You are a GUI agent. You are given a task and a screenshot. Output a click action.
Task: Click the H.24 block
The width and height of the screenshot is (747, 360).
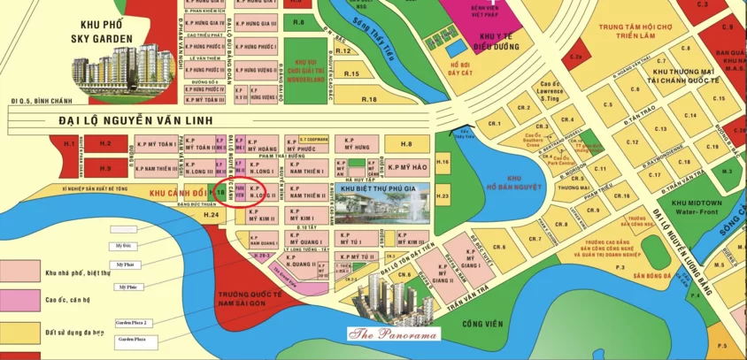pos(210,215)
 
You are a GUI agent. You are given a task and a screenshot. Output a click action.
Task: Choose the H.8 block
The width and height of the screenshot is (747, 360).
pos(406,144)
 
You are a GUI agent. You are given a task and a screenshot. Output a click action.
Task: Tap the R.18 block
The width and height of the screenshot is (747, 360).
pos(369,99)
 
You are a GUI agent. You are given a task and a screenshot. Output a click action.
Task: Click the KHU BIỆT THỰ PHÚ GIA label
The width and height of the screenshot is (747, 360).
pos(381,188)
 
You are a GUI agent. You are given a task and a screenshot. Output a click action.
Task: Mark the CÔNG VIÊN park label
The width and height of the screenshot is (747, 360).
pos(484,324)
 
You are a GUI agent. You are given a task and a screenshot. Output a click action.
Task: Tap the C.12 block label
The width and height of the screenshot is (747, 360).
pos(631,142)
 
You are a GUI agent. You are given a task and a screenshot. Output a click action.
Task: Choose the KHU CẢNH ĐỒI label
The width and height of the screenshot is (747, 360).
pos(178,192)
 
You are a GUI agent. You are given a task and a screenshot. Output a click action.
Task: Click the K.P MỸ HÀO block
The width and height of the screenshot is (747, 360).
pos(407,167)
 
